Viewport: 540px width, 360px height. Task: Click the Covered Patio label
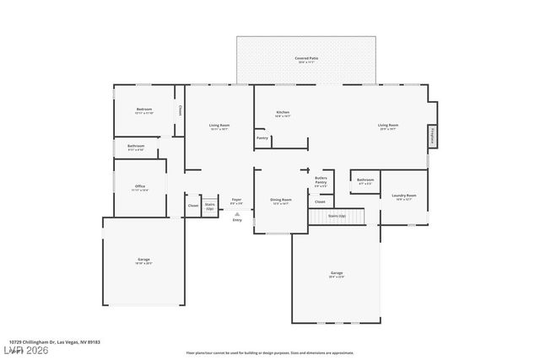coord(306,58)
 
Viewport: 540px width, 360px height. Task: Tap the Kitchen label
coord(283,113)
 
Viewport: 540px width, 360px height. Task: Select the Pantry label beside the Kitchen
coord(262,137)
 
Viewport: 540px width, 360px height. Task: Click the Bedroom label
coord(144,110)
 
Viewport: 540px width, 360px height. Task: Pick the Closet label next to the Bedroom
coord(180,110)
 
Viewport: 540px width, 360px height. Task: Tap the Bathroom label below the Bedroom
coord(136,147)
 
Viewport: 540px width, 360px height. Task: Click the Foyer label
coord(236,201)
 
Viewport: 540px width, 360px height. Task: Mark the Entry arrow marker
coord(236,216)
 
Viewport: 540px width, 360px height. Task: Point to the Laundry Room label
coord(404,196)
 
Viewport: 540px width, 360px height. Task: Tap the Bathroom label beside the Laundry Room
coord(365,180)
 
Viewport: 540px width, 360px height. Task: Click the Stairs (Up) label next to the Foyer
coord(210,205)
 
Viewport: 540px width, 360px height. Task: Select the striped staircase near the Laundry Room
coord(336,217)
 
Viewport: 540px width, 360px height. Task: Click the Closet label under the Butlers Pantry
coord(321,201)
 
